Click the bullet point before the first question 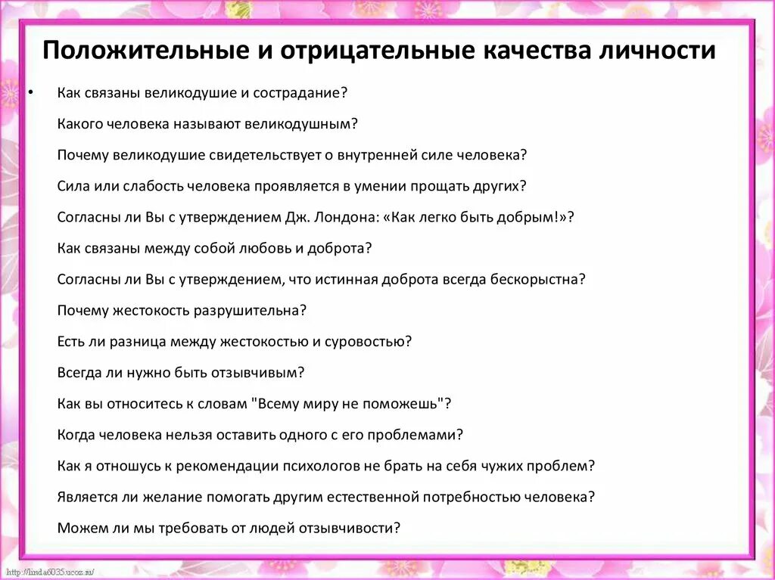[30, 92]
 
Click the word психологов [305, 466]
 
